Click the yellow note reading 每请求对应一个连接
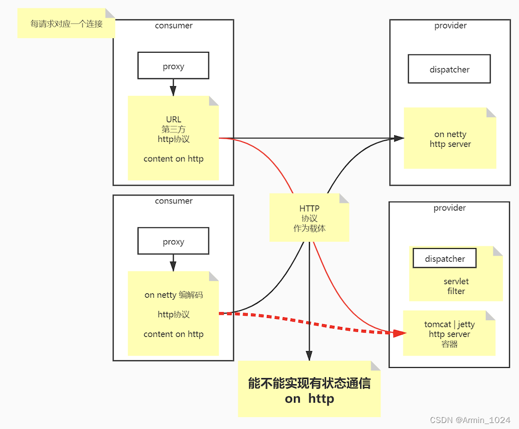click(x=66, y=24)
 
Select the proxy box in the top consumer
click(x=173, y=67)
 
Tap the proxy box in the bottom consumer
click(x=173, y=241)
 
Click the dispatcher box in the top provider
click(x=449, y=70)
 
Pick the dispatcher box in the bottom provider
click(x=445, y=258)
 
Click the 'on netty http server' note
click(x=450, y=139)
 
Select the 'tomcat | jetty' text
click(x=449, y=324)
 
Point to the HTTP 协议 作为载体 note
click(x=309, y=218)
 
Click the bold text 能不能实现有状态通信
click(x=309, y=383)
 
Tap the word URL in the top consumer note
click(x=174, y=119)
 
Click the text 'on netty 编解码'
click(x=174, y=295)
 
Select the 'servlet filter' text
click(x=456, y=286)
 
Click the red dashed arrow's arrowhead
click(x=399, y=333)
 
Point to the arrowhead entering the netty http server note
click(x=398, y=138)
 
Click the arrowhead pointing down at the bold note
click(x=309, y=355)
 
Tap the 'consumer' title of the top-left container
click(x=174, y=26)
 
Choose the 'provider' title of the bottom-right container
click(x=449, y=208)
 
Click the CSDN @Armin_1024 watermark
click(x=470, y=420)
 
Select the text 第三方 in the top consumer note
click(x=174, y=129)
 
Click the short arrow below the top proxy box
click(x=173, y=88)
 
